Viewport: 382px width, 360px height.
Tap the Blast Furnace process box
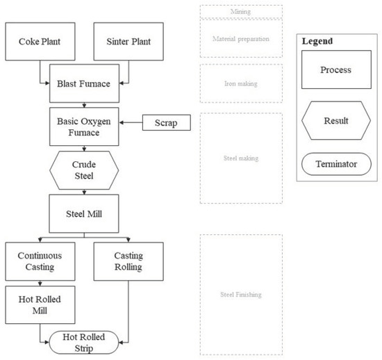pos(83,84)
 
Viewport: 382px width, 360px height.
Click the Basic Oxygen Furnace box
pos(83,125)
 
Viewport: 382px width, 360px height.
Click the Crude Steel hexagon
pos(83,170)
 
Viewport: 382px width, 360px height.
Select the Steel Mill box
pos(83,213)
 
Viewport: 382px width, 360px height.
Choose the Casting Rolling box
pos(128,261)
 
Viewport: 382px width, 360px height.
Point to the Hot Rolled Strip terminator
pos(83,341)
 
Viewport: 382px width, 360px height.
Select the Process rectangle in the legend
pos(335,70)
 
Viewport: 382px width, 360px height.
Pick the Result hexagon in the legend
pos(335,120)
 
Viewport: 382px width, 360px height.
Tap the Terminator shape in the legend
pos(335,165)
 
